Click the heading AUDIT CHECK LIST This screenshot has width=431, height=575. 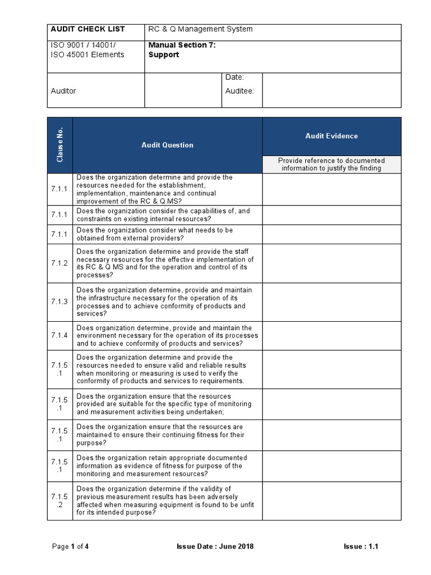coord(88,29)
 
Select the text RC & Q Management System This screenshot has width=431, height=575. coord(200,29)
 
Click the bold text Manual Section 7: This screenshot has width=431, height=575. coord(182,45)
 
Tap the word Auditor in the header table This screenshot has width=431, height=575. coord(63,91)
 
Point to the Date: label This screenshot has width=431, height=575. coord(235,77)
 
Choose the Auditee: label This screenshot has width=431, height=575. coord(240,91)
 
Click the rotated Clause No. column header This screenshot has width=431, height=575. coord(60,145)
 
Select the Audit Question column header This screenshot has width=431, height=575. coord(167,145)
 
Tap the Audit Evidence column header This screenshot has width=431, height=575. coord(331,136)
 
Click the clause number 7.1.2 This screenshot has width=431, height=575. coord(59,263)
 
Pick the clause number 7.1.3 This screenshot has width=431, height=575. coord(59,302)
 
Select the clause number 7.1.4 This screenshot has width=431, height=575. coord(59,336)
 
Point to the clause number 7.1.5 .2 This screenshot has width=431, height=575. coord(59,501)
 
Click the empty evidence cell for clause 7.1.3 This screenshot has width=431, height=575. coord(332,302)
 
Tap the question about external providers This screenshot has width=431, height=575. coord(155,234)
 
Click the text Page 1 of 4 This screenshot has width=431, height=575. coord(70,546)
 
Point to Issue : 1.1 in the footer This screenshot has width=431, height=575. coord(361,546)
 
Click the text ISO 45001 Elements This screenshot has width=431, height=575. coord(88,54)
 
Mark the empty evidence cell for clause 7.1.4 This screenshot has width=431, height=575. coord(332,336)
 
